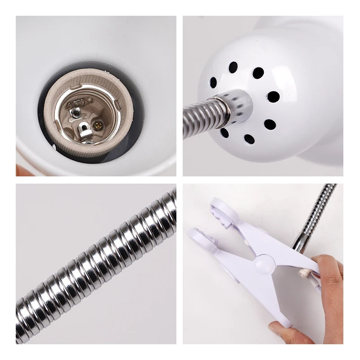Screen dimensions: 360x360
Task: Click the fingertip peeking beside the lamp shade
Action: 20,170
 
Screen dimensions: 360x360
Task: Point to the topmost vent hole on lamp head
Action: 233,67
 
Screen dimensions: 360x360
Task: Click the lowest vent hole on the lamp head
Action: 248,139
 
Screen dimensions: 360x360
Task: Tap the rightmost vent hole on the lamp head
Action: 273,97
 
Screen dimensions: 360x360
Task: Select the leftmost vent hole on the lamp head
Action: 213,82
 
